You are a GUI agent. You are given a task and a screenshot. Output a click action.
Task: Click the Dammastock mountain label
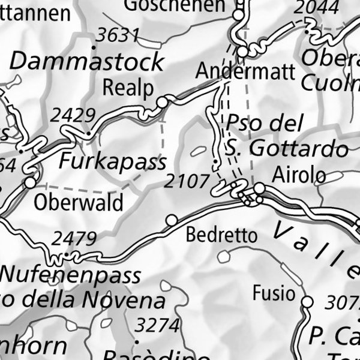point(87,61)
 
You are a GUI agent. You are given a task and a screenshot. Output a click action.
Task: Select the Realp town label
point(128,87)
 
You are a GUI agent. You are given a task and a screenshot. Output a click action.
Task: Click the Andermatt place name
point(245,71)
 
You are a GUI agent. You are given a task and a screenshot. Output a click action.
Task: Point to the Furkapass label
point(112,161)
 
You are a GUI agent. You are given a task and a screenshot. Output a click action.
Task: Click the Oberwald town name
point(78,202)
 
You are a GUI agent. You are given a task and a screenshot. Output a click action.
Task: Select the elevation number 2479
point(74,239)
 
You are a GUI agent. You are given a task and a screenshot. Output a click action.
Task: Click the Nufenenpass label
point(71,275)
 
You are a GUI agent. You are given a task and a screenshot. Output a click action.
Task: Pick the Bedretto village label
point(221,235)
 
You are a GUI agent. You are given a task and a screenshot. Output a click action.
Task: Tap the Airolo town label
point(299,175)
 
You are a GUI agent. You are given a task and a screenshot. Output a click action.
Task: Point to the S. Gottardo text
point(287,148)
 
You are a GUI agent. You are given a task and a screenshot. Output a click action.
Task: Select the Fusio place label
point(274,293)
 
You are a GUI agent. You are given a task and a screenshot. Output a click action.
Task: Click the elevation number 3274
point(157,326)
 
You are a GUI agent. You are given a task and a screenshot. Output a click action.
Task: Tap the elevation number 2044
point(317,7)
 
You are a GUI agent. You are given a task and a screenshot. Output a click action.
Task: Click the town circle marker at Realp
point(162,103)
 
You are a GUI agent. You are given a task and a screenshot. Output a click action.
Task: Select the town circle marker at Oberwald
point(29,182)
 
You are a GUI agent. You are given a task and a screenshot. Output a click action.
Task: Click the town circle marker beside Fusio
point(308,302)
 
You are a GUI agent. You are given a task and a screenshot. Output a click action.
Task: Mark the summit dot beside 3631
point(94,46)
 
